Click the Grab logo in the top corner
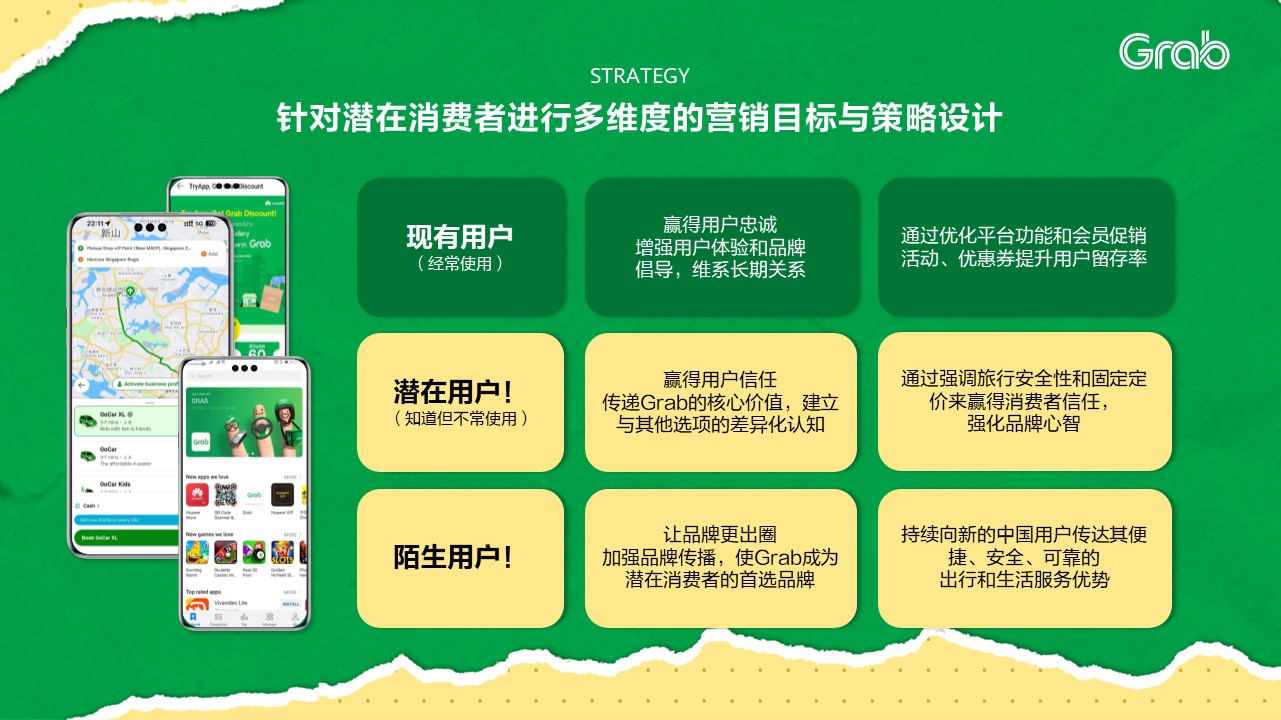1174,51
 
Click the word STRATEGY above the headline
640,76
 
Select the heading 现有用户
459,237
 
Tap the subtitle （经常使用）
459,264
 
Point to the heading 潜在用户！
459,391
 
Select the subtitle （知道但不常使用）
460,418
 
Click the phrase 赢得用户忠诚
720,225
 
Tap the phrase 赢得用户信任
720,380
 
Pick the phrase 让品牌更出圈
720,535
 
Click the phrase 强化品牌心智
1024,423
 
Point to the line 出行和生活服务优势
1024,579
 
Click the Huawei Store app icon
196,495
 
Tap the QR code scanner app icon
226,495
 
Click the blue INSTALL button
291,604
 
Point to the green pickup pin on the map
129,292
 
